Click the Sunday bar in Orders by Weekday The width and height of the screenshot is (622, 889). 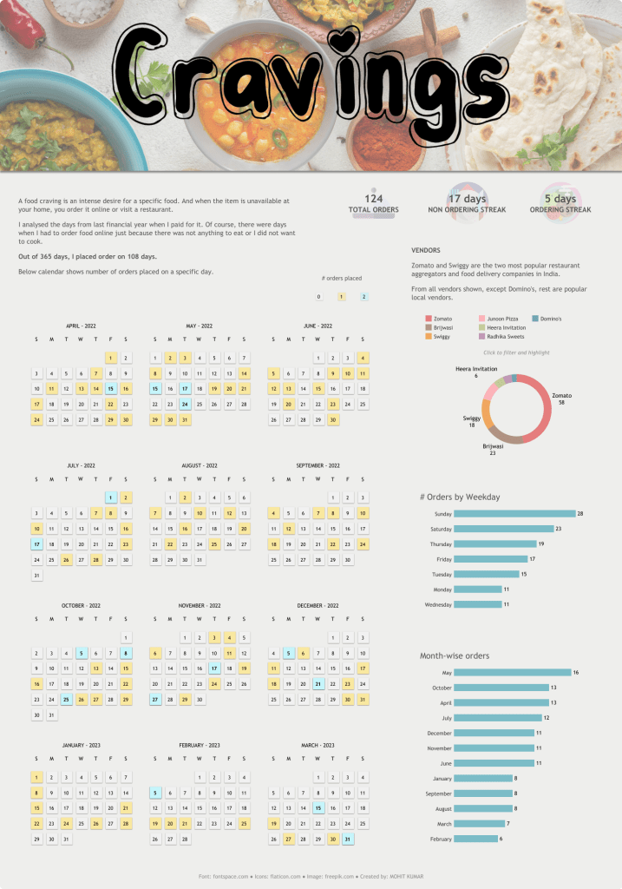tap(514, 514)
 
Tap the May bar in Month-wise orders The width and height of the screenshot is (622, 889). tap(512, 673)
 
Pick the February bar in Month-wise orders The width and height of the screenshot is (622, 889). tap(476, 839)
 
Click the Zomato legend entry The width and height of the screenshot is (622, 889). tap(439, 319)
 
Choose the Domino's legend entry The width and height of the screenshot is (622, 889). tap(547, 319)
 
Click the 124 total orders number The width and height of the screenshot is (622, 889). tap(374, 199)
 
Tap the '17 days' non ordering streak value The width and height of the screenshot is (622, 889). tap(468, 199)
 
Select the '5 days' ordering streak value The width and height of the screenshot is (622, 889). tap(560, 199)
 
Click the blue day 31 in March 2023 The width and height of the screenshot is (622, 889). tap(348, 840)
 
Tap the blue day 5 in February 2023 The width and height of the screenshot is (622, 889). tap(155, 792)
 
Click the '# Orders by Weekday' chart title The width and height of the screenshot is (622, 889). tap(460, 497)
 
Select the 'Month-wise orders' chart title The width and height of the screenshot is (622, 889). tap(455, 655)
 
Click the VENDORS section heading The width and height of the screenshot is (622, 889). tap(426, 250)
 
